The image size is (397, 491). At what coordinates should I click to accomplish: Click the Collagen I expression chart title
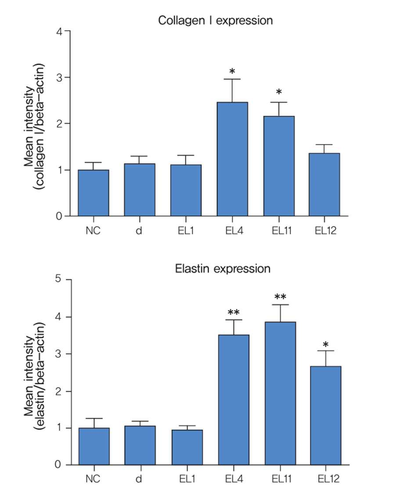[x=215, y=21]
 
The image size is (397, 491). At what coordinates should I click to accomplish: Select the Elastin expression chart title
[x=223, y=268]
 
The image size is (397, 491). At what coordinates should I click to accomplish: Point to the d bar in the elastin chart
[x=140, y=445]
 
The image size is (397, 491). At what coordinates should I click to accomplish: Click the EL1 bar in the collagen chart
[x=186, y=190]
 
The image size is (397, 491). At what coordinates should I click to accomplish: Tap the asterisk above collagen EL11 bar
[x=278, y=93]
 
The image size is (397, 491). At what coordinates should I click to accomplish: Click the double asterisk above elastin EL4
[x=233, y=313]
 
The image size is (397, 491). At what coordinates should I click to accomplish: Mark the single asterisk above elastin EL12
[x=325, y=344]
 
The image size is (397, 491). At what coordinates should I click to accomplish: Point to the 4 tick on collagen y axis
[x=60, y=32]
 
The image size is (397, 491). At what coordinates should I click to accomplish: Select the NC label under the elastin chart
[x=93, y=478]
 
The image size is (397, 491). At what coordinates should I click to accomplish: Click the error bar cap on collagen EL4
[x=232, y=79]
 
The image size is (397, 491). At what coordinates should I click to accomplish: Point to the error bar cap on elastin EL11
[x=280, y=305]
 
